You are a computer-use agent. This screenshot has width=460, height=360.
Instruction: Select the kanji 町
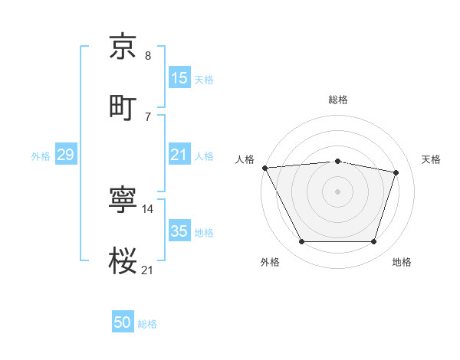coord(123,106)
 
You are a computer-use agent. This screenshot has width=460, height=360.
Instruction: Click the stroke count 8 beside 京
coord(148,56)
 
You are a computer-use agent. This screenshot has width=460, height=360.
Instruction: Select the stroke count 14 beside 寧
coord(148,208)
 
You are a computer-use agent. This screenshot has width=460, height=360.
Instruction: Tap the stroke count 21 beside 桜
coord(148,270)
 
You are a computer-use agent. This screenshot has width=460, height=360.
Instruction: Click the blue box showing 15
coord(179,78)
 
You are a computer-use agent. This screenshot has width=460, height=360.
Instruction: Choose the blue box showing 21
coord(179,155)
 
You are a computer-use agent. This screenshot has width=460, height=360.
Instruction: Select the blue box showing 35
coord(179,231)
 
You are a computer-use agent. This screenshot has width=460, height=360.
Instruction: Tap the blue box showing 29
coord(65,155)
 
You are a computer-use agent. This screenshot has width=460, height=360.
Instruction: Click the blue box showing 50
coord(123,323)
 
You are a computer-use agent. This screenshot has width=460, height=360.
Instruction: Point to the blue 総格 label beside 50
coord(147,324)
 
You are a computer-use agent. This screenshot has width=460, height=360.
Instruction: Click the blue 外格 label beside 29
coord(41,156)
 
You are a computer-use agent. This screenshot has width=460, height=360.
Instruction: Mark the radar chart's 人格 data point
coord(264,168)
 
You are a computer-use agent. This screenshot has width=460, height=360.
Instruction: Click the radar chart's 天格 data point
coord(396,172)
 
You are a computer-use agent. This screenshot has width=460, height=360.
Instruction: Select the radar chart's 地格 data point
coord(373,242)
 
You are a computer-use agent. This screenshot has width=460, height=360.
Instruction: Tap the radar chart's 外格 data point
coord(302,242)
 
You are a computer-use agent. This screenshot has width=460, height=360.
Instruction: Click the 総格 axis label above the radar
coord(337,100)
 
